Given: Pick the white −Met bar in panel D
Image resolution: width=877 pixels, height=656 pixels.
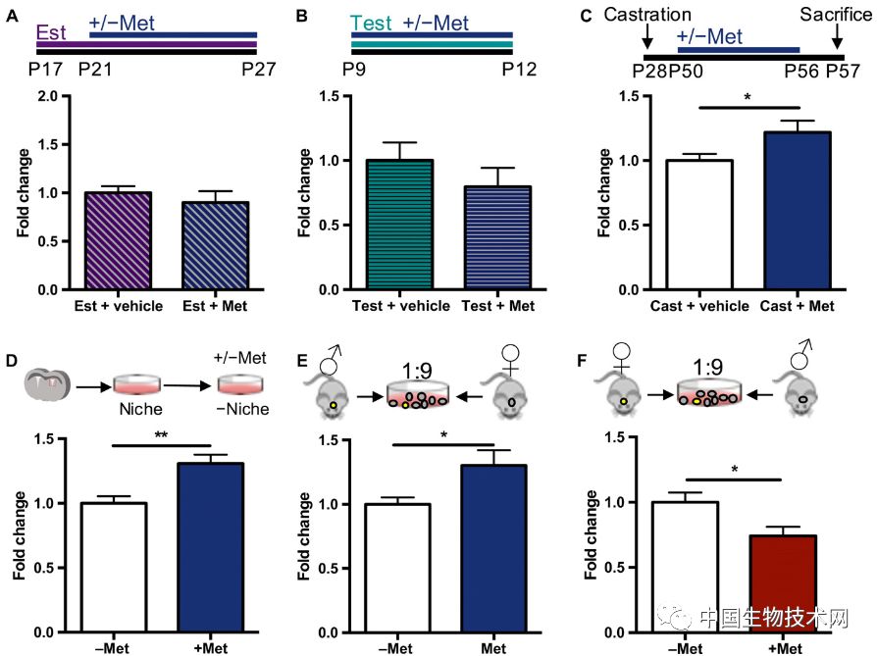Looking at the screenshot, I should tap(114, 569).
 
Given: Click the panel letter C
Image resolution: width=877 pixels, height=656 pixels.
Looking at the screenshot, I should tap(588, 17).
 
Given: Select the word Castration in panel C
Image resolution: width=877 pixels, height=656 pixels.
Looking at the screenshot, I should tap(648, 16).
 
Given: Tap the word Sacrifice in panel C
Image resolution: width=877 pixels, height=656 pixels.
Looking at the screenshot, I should tap(835, 16).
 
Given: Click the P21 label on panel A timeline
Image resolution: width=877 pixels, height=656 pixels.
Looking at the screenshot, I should tap(94, 70).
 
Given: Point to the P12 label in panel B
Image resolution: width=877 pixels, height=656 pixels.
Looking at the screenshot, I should tap(519, 70).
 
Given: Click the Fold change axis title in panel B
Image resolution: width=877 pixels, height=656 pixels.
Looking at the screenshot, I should tap(306, 192).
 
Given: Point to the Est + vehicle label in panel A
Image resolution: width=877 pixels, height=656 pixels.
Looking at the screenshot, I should tap(118, 307).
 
